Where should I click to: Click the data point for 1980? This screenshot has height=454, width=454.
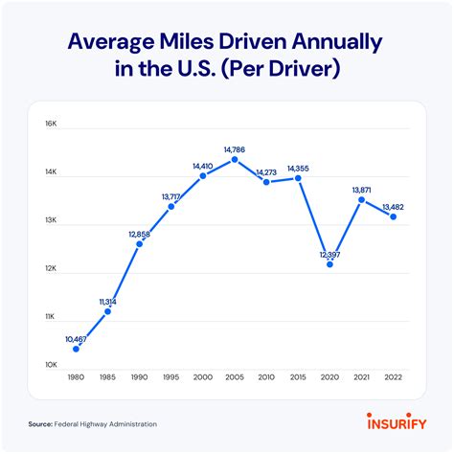tap(76, 349)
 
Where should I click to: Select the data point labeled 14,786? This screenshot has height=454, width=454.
tap(235, 159)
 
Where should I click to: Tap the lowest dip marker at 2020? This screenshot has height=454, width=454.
tap(329, 263)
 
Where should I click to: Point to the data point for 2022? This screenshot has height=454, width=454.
tap(394, 216)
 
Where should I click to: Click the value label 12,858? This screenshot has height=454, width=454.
tap(140, 234)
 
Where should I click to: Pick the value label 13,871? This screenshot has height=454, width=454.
tap(361, 190)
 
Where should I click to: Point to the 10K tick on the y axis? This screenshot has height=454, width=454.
tap(51, 365)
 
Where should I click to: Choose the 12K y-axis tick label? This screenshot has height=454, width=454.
tap(51, 269)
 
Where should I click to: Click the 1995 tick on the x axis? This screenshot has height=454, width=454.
tap(171, 376)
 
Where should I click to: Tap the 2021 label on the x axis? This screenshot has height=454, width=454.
tap(361, 376)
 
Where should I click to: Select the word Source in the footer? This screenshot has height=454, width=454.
tap(40, 423)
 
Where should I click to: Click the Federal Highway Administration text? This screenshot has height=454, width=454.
tap(105, 423)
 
